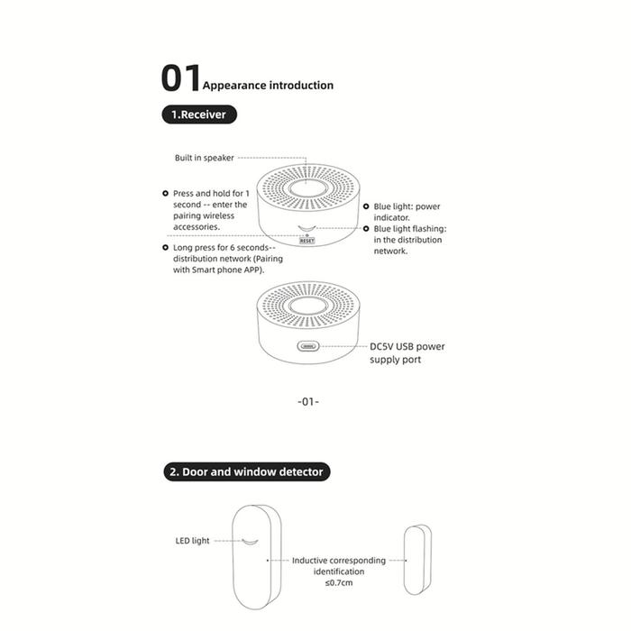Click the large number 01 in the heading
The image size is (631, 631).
[x=180, y=78]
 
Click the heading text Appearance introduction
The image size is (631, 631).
[x=268, y=86]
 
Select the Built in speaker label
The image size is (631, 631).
[x=205, y=158]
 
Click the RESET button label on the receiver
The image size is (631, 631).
[x=307, y=241]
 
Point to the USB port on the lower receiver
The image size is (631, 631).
[x=308, y=345]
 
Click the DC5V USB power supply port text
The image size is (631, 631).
[x=407, y=352]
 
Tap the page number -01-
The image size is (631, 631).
[x=308, y=401]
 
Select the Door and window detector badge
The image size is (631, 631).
[x=245, y=471]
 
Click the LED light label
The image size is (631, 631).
[x=192, y=541]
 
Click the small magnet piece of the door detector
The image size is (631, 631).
[x=416, y=559]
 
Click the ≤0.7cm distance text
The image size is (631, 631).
[x=339, y=582]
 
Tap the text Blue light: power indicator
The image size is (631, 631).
[x=407, y=212]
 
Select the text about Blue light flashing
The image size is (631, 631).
[x=410, y=240]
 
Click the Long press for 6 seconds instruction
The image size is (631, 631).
[x=227, y=258]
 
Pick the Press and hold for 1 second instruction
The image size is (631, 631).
[x=209, y=210]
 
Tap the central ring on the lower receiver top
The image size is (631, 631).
[x=308, y=305]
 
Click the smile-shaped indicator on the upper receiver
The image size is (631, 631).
[x=308, y=229]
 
